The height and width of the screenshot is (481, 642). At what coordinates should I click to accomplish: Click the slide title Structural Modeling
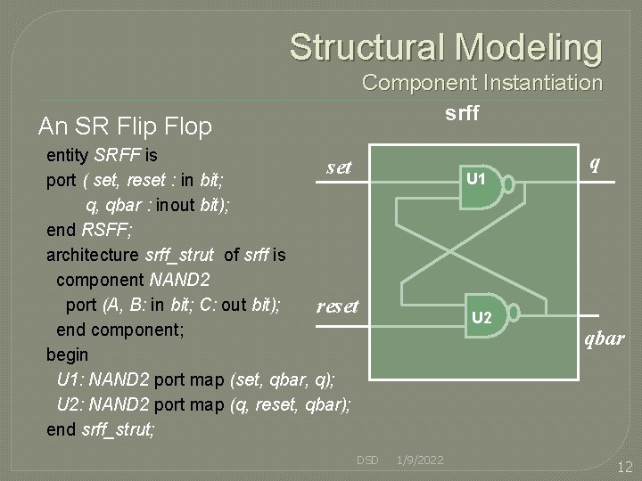(x=445, y=47)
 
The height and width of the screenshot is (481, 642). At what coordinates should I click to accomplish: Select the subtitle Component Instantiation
(x=481, y=83)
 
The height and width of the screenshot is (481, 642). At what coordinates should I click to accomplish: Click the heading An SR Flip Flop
(x=125, y=126)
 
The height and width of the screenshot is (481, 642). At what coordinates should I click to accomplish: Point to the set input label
(x=339, y=167)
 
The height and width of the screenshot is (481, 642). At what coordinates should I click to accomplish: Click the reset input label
(x=337, y=306)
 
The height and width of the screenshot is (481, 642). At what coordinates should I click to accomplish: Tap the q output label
(x=594, y=164)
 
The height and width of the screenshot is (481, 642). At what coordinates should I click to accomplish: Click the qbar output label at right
(x=604, y=339)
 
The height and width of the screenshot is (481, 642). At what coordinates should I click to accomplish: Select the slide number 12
(x=624, y=466)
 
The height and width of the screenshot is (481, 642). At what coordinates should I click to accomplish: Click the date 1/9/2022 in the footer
(x=419, y=460)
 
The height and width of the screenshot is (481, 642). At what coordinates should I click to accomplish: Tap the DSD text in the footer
(x=367, y=460)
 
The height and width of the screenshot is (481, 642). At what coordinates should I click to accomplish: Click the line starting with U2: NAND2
(x=203, y=404)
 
